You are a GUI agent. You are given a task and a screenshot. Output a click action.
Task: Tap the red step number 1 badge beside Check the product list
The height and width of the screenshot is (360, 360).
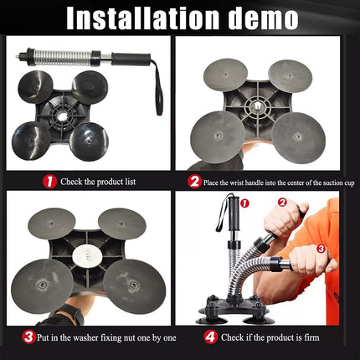(49, 182)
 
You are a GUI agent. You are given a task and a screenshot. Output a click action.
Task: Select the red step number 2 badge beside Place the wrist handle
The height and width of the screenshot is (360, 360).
(194, 182)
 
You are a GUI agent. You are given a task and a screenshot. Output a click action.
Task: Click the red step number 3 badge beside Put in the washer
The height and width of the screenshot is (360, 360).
(28, 337)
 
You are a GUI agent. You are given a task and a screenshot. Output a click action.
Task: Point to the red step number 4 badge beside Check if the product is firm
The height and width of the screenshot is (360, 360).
(210, 337)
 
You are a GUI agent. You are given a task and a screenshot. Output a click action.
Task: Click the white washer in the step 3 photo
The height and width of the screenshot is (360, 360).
(86, 255)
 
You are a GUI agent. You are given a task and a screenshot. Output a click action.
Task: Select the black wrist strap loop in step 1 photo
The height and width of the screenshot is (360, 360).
(157, 90)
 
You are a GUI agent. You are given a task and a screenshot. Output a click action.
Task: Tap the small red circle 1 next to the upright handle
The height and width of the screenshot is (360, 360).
(244, 203)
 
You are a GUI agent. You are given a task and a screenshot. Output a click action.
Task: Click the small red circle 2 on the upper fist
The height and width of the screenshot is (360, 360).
(282, 203)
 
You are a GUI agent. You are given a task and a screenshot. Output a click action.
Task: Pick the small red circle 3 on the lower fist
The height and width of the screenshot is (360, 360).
(321, 249)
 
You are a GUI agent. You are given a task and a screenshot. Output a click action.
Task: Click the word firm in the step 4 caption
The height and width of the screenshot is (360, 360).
(311, 337)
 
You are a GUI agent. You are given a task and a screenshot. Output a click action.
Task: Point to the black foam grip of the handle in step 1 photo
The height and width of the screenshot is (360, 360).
(131, 59)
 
